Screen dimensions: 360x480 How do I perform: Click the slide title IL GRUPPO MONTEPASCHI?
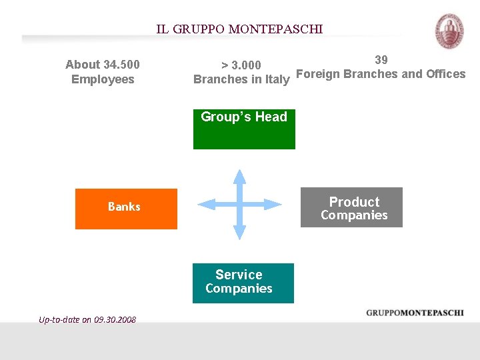239,29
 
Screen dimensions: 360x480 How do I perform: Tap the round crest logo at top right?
449,31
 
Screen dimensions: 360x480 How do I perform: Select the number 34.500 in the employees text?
121,65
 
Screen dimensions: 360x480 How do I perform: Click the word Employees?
103,79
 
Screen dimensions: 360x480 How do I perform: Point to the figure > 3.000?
241,65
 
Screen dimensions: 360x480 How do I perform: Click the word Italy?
277,79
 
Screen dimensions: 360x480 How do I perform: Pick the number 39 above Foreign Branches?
381,59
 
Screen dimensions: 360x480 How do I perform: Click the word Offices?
445,74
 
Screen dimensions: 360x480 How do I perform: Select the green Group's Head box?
244,129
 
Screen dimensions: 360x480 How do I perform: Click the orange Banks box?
126,209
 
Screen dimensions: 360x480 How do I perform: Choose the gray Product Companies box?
351,207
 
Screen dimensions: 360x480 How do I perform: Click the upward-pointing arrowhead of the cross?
240,176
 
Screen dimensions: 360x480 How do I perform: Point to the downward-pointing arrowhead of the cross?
240,233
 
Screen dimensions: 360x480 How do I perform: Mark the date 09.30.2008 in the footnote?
115,319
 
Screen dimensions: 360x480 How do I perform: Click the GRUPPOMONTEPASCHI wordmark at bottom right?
415,313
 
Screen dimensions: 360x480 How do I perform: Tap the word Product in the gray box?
354,201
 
